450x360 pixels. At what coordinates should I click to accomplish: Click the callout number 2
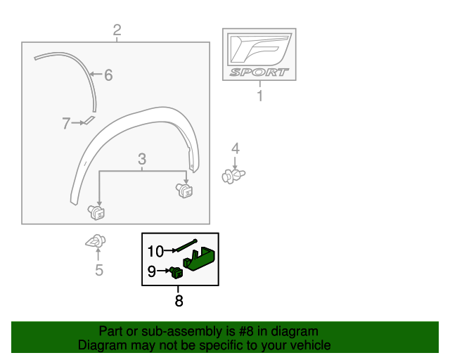[x=117, y=30]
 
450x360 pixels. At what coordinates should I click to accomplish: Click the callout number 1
[x=259, y=96]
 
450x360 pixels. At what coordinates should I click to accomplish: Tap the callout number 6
[x=108, y=75]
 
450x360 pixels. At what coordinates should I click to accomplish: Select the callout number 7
[x=66, y=124]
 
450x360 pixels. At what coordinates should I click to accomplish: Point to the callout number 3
[x=141, y=158]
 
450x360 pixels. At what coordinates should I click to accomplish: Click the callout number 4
[x=236, y=148]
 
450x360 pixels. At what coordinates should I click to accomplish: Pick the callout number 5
[x=98, y=269]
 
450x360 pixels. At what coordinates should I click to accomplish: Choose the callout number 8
[x=179, y=301]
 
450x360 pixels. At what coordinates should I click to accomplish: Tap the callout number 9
[x=152, y=270]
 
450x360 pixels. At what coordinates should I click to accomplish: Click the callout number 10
[x=155, y=250]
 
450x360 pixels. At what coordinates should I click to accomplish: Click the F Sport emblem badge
[x=259, y=53]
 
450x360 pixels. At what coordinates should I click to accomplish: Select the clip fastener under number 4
[x=233, y=175]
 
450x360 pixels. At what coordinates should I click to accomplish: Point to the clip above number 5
[x=95, y=241]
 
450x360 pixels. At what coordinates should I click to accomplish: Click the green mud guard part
[x=201, y=257]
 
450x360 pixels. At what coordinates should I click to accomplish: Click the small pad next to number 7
[x=89, y=121]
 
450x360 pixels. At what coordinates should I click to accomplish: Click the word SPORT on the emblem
[x=259, y=72]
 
